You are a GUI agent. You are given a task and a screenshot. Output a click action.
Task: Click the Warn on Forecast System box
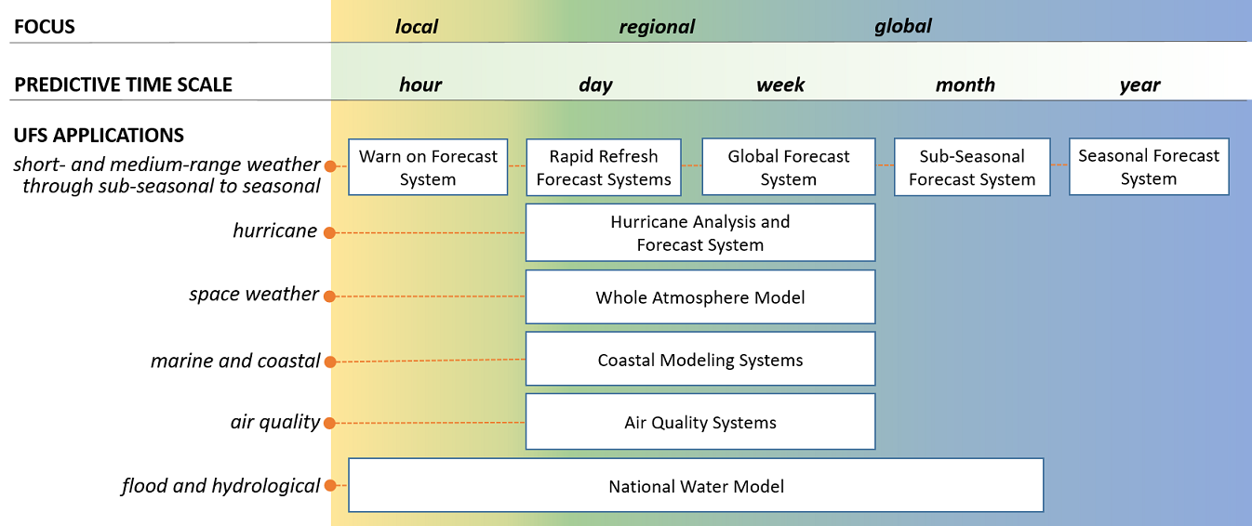(428, 167)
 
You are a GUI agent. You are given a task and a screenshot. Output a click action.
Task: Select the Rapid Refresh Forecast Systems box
(604, 167)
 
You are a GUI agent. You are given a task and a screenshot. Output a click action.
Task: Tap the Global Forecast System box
(789, 167)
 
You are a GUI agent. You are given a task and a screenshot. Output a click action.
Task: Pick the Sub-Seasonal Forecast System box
(972, 167)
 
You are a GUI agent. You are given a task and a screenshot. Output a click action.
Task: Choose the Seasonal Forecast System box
(1149, 167)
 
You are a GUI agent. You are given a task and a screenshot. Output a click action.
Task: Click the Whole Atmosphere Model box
(700, 297)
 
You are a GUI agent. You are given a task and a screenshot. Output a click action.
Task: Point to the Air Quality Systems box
(700, 422)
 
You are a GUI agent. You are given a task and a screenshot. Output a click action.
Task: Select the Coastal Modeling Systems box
(700, 360)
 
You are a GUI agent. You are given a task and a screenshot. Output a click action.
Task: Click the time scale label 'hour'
(420, 85)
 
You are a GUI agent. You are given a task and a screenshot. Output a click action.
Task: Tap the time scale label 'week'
(780, 85)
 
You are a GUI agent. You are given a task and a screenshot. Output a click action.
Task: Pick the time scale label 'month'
(966, 85)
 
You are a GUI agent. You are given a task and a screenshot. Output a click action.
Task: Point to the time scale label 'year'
(1140, 85)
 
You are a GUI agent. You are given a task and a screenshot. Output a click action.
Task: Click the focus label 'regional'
(657, 27)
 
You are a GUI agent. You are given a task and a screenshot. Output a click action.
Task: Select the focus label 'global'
(903, 27)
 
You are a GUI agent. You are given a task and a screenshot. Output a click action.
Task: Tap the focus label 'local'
(417, 27)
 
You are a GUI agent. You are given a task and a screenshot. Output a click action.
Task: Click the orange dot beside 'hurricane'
(329, 232)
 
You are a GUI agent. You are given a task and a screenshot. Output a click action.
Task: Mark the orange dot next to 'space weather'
(329, 296)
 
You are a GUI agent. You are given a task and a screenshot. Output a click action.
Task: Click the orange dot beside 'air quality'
(329, 424)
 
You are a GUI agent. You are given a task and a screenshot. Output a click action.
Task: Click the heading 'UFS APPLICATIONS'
(99, 136)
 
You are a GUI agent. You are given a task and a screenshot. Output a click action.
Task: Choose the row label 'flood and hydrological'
(221, 486)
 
